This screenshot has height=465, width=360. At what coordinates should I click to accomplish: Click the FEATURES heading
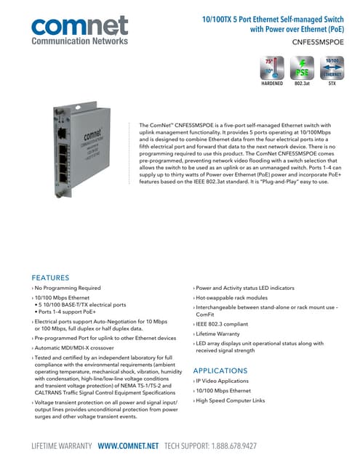pyautogui.click(x=50, y=278)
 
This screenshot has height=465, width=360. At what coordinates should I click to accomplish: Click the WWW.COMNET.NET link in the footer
pyautogui.click(x=129, y=445)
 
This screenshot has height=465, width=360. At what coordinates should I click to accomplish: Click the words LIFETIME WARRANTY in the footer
pyautogui.click(x=61, y=445)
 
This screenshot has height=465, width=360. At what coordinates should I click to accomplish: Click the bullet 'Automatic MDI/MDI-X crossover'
pyautogui.click(x=81, y=348)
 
